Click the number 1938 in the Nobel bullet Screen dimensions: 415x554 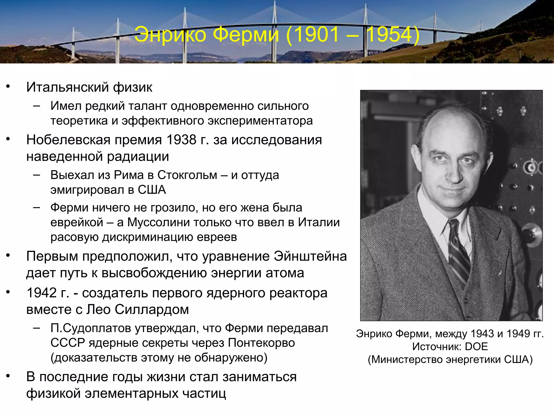181,140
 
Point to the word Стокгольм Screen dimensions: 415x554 187,175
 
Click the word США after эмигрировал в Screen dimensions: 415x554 152,190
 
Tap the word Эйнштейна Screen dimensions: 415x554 310,256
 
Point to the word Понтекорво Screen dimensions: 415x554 261,343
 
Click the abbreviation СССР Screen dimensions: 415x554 68,343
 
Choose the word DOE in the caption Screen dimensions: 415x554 476,347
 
